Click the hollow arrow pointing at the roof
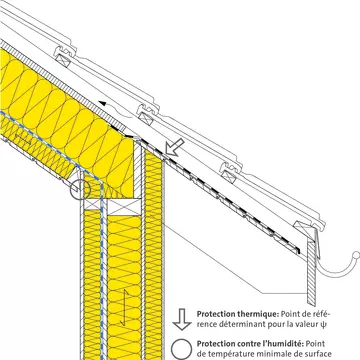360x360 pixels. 175,147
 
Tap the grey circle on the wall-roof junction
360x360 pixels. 80,189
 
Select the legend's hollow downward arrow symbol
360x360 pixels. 182,319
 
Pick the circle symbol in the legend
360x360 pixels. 181,350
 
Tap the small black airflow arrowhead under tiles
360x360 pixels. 104,104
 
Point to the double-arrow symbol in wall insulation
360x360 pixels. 125,308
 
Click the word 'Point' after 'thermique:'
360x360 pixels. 289,314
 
